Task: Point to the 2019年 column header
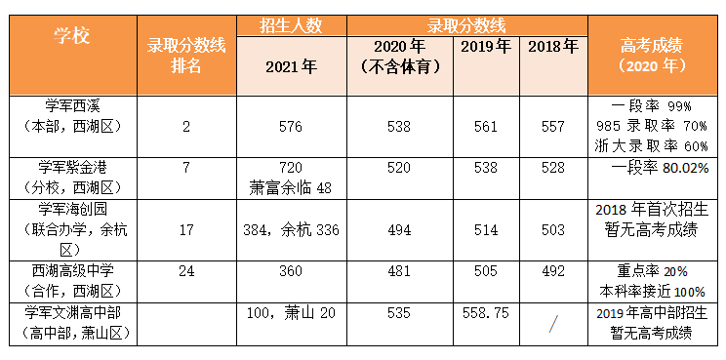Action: pos(485,46)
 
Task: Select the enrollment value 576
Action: pos(291,126)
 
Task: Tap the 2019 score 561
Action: pos(485,126)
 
